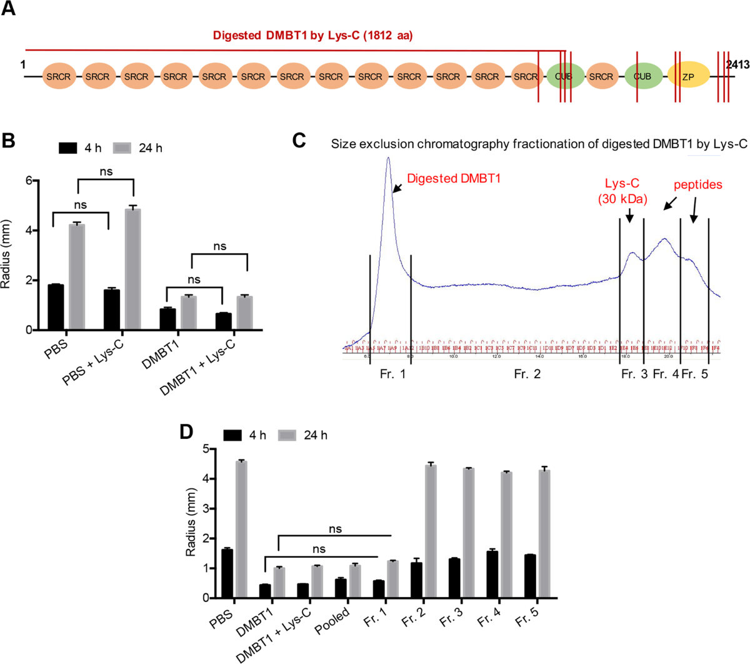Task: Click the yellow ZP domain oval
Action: coord(688,76)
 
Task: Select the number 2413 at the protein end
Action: coord(737,64)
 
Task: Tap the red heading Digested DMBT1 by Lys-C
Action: coord(312,36)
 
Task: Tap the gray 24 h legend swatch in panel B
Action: coord(122,148)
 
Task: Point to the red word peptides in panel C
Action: coord(697,185)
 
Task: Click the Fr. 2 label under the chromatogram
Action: coord(527,374)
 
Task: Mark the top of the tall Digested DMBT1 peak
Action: coord(389,158)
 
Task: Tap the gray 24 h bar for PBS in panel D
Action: coord(241,529)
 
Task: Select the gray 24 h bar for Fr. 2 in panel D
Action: coord(431,531)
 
